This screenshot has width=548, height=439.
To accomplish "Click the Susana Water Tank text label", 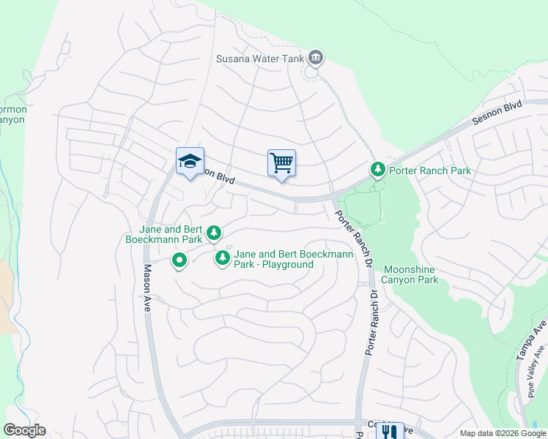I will coord(260,58).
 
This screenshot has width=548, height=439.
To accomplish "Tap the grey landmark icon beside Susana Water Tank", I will coord(316,57).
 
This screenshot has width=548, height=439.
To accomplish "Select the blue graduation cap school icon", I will coord(190,162).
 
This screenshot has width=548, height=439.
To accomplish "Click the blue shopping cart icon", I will coord(281,163).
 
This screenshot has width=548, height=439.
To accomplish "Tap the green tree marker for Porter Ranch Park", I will coord(377,170).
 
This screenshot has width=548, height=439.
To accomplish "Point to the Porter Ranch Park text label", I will coord(430,170).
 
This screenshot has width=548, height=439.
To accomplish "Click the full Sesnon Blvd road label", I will coord(496,116).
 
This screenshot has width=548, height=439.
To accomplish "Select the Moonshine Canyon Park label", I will coord(411,274).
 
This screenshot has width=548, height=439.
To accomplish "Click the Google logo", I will coord(24,430).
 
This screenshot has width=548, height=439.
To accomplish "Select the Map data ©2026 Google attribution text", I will coord(503,432).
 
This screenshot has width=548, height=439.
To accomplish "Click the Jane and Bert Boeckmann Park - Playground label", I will coord(293,259).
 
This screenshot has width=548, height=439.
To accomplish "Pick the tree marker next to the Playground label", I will coord(222,258).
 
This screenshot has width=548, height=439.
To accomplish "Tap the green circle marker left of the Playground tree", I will coord(179,260).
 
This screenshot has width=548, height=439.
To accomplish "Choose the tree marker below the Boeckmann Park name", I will coord(213,233).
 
